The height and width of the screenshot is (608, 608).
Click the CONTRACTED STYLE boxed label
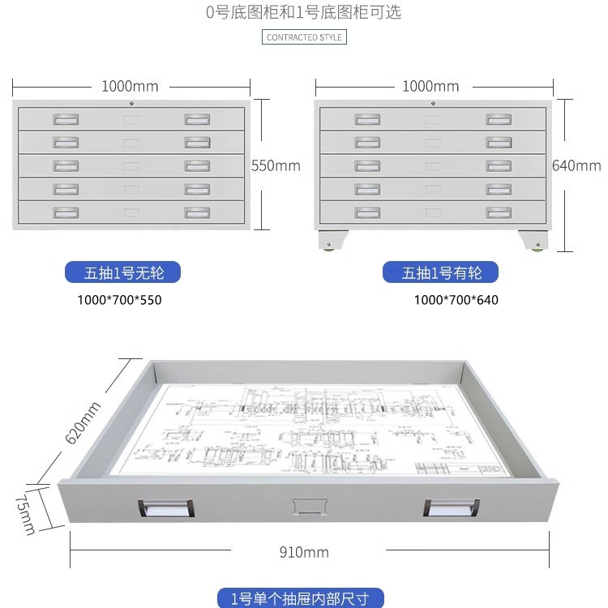point(305,37)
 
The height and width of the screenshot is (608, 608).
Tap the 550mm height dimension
point(276,165)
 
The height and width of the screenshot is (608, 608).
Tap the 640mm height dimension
point(576,165)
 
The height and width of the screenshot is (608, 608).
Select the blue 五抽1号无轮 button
point(122,272)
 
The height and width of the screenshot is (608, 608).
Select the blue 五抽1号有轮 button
point(441,272)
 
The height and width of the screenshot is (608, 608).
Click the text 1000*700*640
point(456,300)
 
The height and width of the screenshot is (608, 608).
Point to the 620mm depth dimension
point(83,422)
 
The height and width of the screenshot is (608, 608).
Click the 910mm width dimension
point(304,552)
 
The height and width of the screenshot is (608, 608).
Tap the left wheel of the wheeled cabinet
point(330,243)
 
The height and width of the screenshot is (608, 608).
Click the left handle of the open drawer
point(165,507)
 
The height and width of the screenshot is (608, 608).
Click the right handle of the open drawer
point(452,507)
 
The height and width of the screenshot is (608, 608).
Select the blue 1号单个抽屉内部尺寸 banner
point(301,599)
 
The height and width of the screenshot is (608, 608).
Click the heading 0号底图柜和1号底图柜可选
point(304,12)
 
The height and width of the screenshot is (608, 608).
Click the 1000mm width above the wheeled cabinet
point(430,87)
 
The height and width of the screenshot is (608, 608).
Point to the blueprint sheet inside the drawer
point(316,430)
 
